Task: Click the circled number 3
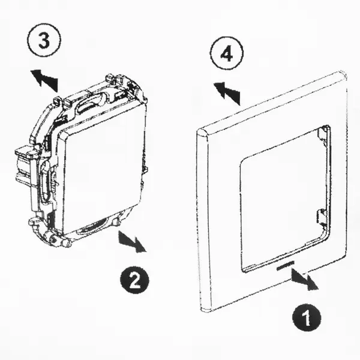click(44, 40)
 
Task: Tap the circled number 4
click(227, 53)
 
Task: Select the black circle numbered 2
click(135, 279)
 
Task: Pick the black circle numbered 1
click(307, 317)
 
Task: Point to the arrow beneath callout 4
click(227, 92)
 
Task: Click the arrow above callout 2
click(131, 242)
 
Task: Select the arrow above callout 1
click(304, 278)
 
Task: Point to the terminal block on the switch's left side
click(25, 166)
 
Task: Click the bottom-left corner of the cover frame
click(204, 310)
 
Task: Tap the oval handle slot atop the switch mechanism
click(88, 104)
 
